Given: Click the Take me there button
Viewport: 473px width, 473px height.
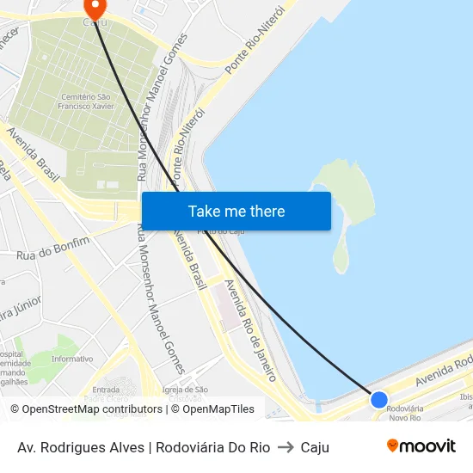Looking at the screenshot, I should [236, 211].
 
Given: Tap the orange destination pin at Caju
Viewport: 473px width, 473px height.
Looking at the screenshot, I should [91, 8].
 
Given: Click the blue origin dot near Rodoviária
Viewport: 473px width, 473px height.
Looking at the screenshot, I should [378, 399].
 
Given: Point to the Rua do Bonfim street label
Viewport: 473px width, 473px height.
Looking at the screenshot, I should [53, 249].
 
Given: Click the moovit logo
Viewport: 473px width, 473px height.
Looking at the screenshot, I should [421, 445].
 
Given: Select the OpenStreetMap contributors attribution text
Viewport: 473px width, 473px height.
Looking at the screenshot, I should [87, 409].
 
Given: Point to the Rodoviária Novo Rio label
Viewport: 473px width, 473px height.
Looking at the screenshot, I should [403, 413].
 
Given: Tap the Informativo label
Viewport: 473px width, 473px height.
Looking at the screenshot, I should [72, 359].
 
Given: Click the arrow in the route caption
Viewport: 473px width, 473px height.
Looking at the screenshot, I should [286, 447].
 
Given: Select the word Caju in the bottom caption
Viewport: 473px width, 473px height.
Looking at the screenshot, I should [315, 447].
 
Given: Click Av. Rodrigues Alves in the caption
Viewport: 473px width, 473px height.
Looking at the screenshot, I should [81, 447].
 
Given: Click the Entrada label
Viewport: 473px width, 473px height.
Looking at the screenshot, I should [106, 390].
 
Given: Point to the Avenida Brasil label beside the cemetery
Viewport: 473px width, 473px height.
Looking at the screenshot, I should [34, 155].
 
